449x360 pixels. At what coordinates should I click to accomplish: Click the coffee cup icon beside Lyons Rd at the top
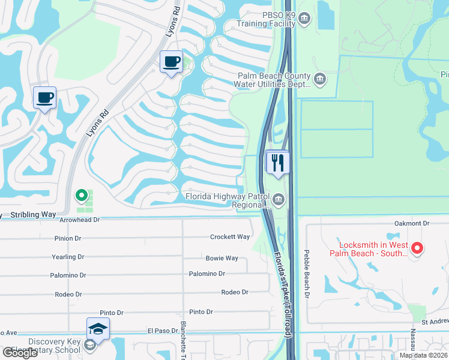pos(171,62)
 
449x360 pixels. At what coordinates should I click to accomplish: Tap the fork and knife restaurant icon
pos(277,163)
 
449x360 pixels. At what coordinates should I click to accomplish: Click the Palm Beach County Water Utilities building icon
pos(320,78)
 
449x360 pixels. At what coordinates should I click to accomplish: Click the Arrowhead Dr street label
pos(79,220)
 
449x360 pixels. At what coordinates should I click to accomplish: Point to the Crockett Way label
pos(230,237)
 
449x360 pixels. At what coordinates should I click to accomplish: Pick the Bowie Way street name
pos(222,259)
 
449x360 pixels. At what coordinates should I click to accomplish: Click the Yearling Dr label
pos(67,257)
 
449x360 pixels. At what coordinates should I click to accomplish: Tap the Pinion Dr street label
pos(67,238)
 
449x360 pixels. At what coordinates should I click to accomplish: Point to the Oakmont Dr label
pos(412,223)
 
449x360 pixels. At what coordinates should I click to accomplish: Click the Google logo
pos(20,353)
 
